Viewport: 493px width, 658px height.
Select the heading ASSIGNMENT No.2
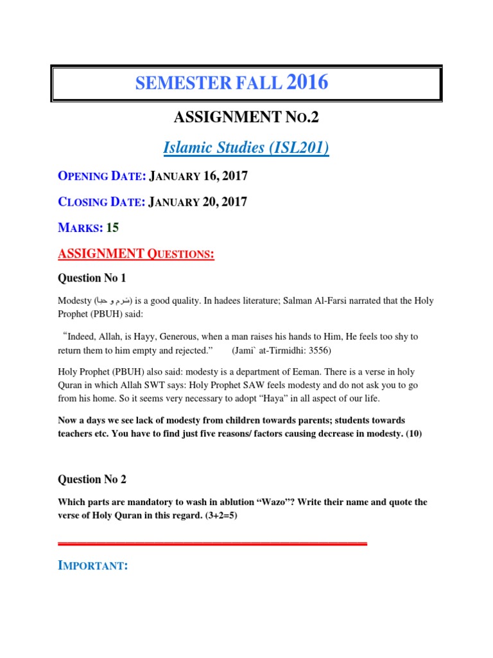(x=246, y=117)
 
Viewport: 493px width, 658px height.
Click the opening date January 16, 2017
(x=198, y=175)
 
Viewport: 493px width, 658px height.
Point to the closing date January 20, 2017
(x=198, y=202)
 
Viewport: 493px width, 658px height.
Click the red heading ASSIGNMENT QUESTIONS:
(x=135, y=254)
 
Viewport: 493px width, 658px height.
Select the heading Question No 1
(x=92, y=278)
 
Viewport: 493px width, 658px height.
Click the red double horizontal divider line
(x=212, y=544)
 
